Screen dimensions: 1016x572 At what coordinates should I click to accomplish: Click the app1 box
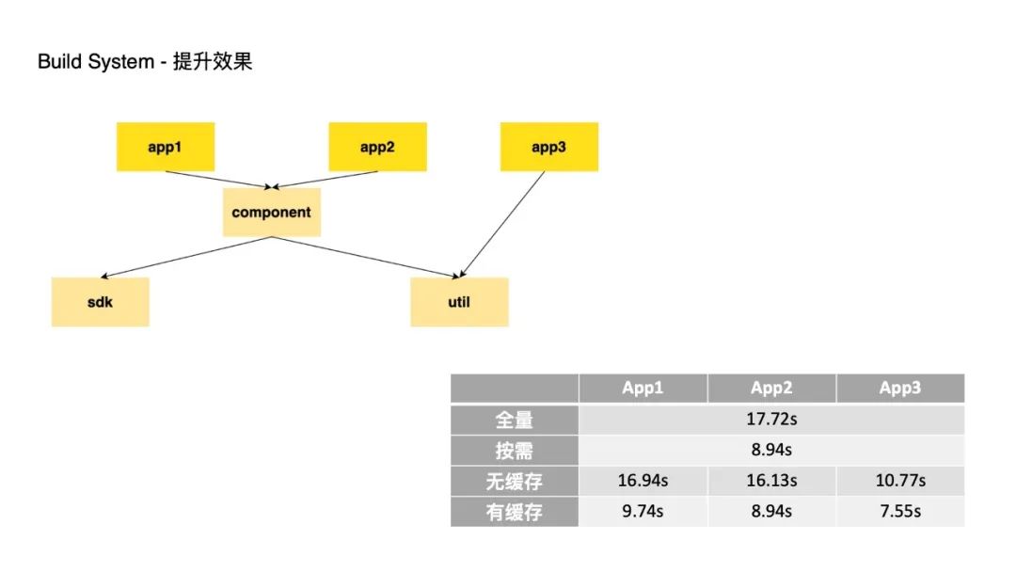165,147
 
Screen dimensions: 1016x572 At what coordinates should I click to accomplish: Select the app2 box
377,147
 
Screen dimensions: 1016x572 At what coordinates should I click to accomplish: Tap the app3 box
548,147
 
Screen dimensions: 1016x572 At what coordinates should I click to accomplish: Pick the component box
271,212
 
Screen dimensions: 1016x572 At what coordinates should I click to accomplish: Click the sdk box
100,302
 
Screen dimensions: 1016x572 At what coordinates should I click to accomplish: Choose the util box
459,302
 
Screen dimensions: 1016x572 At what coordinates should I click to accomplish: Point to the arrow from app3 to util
503,224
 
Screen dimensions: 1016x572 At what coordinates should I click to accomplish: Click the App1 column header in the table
643,389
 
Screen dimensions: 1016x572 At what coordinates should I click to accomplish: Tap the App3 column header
899,389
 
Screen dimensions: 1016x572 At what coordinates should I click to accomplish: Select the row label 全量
515,420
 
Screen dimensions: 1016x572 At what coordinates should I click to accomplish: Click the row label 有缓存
515,512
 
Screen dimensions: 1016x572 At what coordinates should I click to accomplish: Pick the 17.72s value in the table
771,420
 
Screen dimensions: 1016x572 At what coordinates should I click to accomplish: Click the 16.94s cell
643,481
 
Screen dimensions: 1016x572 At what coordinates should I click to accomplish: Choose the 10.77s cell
899,481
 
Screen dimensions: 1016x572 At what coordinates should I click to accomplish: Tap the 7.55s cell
899,512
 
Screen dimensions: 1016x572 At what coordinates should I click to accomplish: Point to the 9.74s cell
643,512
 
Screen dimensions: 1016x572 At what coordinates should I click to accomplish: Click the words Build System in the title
95,63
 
